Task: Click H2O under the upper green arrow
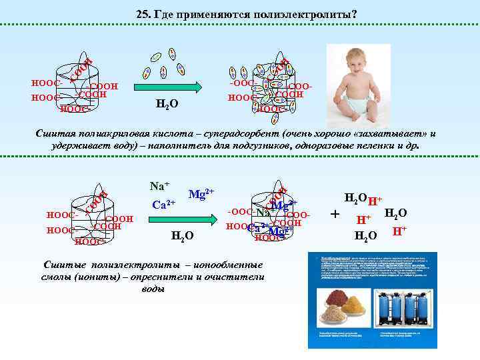tap(166, 104)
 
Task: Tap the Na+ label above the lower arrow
tap(159, 186)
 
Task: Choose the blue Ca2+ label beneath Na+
tap(163, 204)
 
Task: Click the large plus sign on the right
tap(335, 215)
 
